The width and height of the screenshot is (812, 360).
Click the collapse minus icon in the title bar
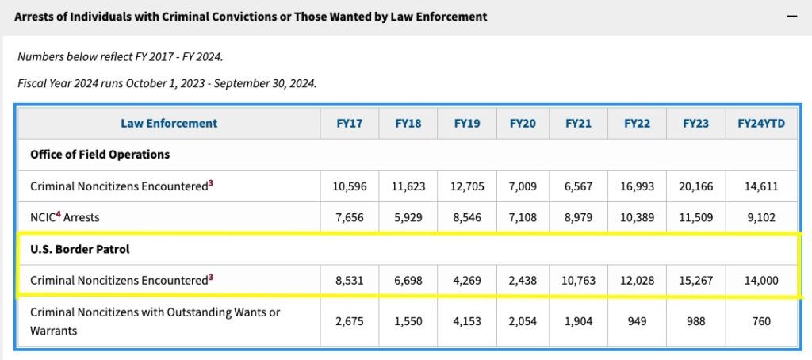791,16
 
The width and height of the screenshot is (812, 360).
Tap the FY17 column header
350,123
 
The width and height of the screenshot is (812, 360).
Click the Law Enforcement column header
169,123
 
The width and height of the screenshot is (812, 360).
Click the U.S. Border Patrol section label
79,248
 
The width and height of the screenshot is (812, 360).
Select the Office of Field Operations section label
100,154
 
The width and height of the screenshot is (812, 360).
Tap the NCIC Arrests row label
65,216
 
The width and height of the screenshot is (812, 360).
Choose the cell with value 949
638,321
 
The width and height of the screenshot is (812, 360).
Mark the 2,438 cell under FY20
523,280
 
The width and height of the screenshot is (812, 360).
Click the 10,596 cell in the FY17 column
350,186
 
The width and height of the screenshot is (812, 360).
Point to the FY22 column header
638,123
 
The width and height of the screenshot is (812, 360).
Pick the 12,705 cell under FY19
466,186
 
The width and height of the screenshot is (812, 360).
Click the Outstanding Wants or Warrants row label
155,321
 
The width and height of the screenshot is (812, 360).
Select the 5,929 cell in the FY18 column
408,216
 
